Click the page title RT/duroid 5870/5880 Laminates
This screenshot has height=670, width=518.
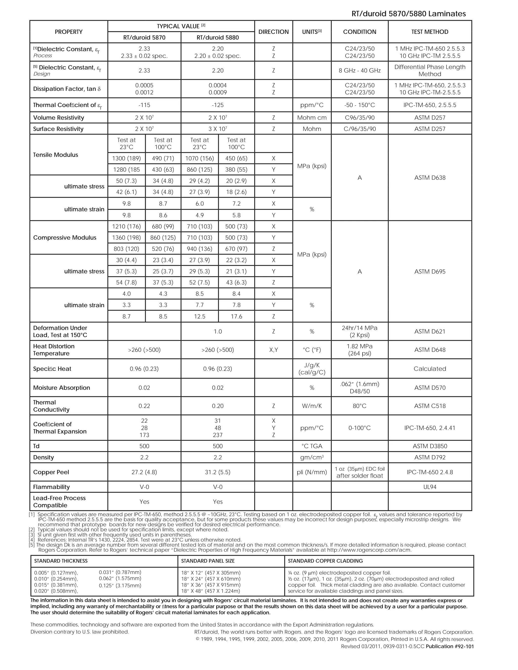(x=408, y=14)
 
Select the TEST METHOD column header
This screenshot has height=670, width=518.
(x=430, y=32)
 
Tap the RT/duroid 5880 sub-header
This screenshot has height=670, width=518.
(x=218, y=37)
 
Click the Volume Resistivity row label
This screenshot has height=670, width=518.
(x=59, y=118)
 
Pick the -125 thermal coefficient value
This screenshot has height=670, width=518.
(x=218, y=105)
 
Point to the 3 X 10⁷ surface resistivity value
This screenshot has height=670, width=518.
(x=218, y=129)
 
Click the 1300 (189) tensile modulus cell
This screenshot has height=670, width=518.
(x=126, y=158)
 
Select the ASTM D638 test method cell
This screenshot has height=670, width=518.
(x=430, y=178)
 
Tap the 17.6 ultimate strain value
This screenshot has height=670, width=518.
(x=236, y=316)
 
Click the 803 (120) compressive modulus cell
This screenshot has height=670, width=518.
(x=126, y=249)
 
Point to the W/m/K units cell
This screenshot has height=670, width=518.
(x=312, y=406)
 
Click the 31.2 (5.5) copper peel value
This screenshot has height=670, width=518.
(x=218, y=472)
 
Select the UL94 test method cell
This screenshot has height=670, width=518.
(x=430, y=487)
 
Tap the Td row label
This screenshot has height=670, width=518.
(x=36, y=446)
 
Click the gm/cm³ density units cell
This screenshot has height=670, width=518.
(x=312, y=457)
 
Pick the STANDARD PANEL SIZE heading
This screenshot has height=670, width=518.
(x=208, y=561)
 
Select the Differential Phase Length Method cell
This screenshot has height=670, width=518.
(x=430, y=70)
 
